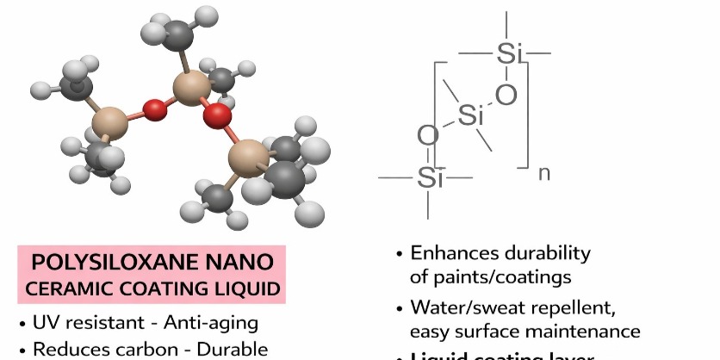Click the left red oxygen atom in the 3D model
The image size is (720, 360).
tap(154, 110)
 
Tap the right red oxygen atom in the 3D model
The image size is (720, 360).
tap(219, 114)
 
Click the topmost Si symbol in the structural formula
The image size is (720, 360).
tap(508, 54)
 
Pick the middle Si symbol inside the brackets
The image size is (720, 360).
tap(470, 115)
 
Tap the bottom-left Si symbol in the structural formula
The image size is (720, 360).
tap(429, 178)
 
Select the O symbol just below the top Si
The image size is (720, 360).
tap(506, 94)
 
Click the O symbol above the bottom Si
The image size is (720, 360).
tap(428, 136)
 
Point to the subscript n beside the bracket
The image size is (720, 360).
tap(543, 173)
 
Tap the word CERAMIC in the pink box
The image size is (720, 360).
tap(64, 289)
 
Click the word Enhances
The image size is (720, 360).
tap(450, 253)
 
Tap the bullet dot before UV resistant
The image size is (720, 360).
tap(22, 326)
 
